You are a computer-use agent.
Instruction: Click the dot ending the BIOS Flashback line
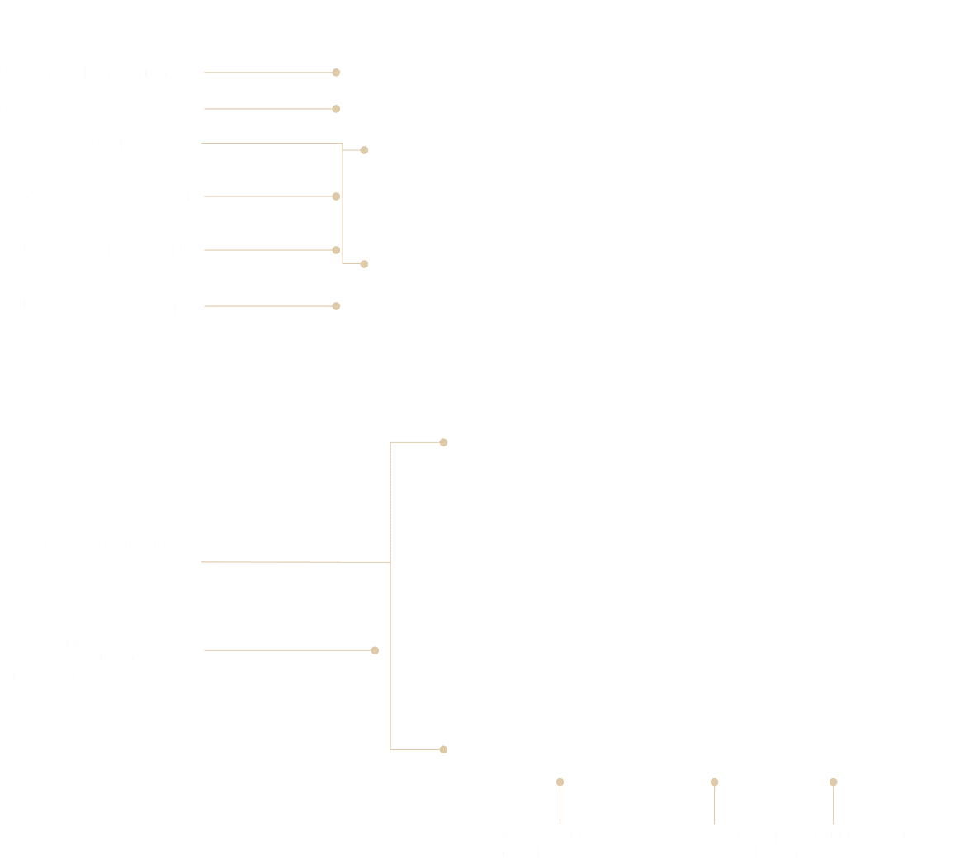click(336, 73)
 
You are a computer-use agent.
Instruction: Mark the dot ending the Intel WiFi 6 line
click(336, 109)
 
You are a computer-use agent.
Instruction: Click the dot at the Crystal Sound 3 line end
click(375, 650)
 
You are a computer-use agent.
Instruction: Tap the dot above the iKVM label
click(560, 781)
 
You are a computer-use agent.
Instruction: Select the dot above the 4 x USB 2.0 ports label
click(834, 781)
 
